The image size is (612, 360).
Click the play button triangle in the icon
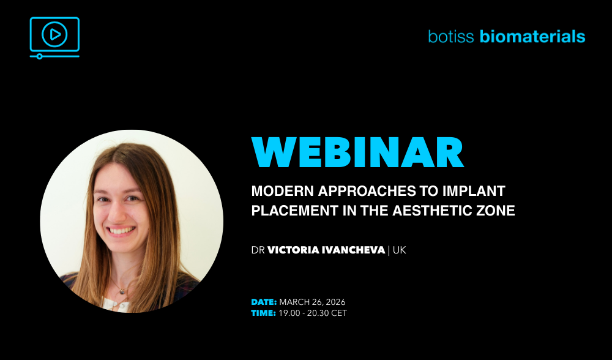point(56,35)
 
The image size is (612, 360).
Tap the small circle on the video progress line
point(39,56)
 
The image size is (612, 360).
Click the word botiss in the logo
point(451,36)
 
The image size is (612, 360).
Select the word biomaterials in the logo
point(532,36)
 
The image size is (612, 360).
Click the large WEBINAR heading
point(357,152)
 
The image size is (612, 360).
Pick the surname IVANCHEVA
point(353,250)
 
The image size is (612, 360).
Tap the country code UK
point(399,250)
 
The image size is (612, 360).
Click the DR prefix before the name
point(258,250)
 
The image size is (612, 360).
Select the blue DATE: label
point(264,302)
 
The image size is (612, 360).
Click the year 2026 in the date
point(335,302)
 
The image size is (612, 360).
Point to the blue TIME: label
point(263,313)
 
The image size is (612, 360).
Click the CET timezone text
point(339,313)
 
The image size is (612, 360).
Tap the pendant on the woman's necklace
point(122,290)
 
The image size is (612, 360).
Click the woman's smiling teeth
point(122,230)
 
